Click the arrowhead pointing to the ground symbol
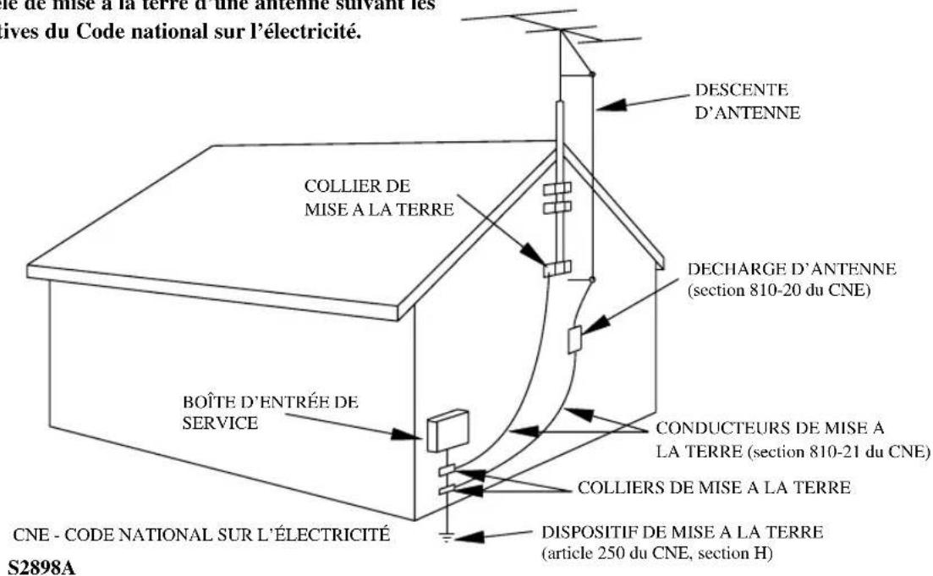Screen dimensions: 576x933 coord(470,535)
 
